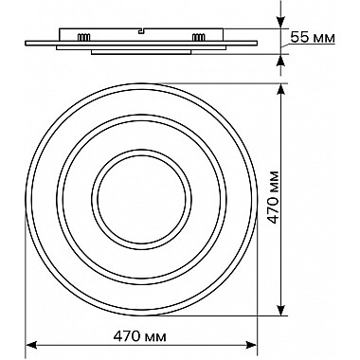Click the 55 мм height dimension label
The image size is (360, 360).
coord(313,38)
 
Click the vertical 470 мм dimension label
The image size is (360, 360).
coord(274,197)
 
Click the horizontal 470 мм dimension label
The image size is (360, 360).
coord(139,336)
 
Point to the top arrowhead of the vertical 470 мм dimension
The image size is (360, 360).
coord(280,89)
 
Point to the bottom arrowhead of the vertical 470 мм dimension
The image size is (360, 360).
coord(280,310)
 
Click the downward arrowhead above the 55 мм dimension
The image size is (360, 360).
coord(280,23)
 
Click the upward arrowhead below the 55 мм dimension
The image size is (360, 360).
coord(280,61)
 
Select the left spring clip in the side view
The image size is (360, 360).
coord(84,37)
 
